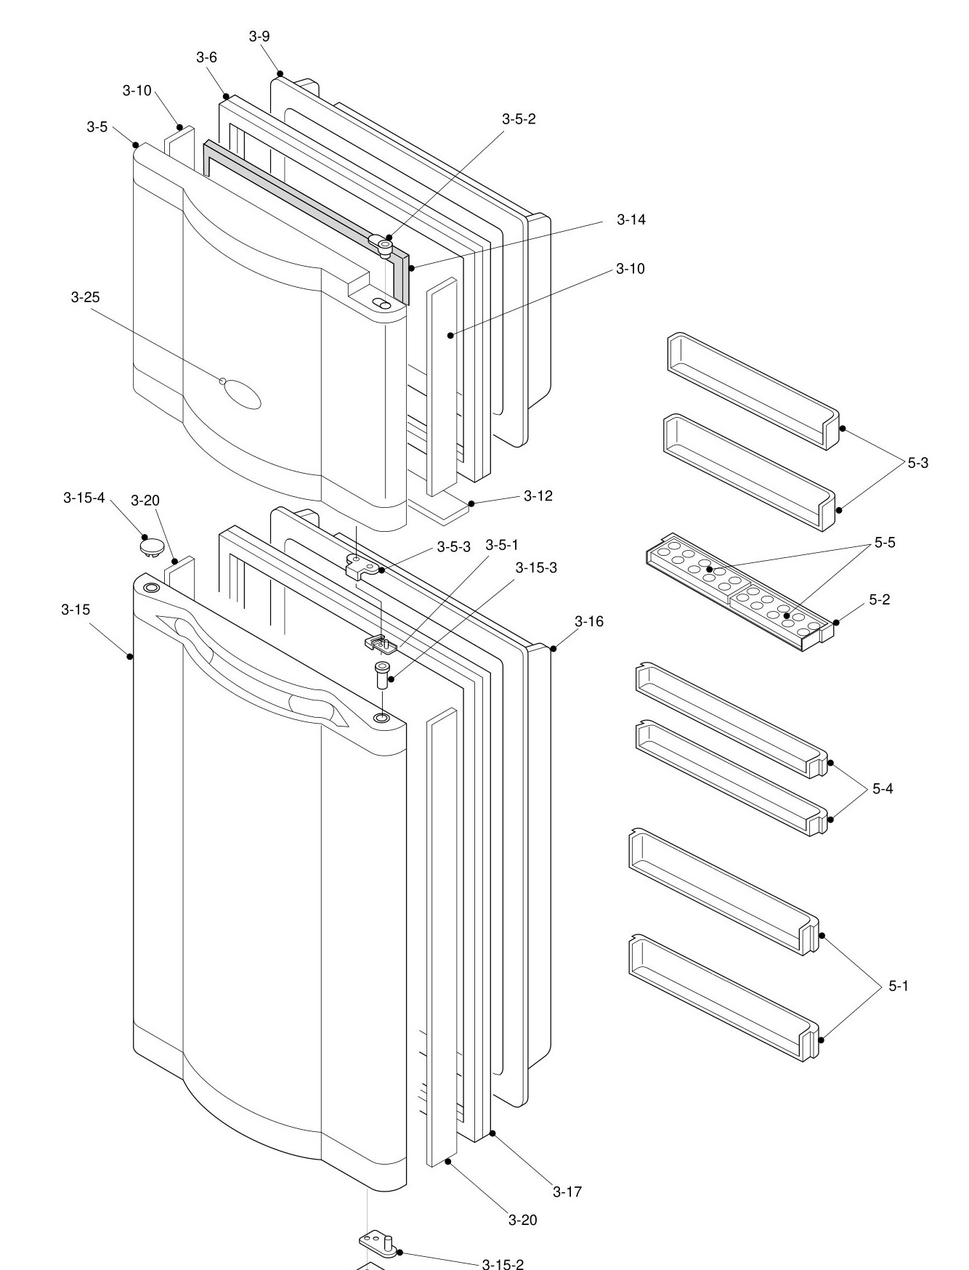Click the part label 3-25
tap(86, 297)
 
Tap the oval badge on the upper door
tap(243, 396)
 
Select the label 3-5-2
tap(519, 119)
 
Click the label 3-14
tap(631, 219)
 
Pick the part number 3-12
tap(538, 496)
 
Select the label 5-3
tap(917, 463)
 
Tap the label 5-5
tap(885, 542)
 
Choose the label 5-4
tap(883, 788)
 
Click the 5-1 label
tap(899, 986)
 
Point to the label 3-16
tap(588, 621)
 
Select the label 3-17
tap(567, 1192)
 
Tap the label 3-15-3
tap(536, 567)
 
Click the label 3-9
tap(259, 36)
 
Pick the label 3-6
tap(206, 57)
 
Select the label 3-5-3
tap(454, 546)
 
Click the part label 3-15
tap(76, 610)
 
